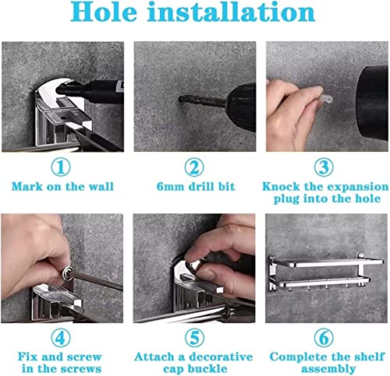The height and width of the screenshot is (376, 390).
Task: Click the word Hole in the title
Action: tap(104, 12)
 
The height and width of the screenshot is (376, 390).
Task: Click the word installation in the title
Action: tap(232, 12)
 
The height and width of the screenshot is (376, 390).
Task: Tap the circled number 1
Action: tap(61, 167)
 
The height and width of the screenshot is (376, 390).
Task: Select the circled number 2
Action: tap(194, 167)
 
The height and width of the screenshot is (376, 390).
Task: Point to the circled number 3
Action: tap(324, 167)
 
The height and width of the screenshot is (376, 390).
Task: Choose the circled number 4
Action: tap(61, 338)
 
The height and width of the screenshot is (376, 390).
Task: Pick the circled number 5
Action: tap(195, 338)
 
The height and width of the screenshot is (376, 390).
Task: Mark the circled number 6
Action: tap(324, 338)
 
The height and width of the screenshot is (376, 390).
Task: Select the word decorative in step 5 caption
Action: tap(221, 357)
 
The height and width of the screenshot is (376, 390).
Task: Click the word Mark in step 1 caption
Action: tap(27, 187)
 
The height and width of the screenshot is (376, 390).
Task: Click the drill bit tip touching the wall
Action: tap(181, 99)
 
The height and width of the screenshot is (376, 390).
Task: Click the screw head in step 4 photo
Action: tap(68, 273)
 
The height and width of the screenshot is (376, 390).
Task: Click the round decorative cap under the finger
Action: tap(196, 265)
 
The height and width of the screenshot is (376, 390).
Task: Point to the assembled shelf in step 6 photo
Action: tap(326, 272)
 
